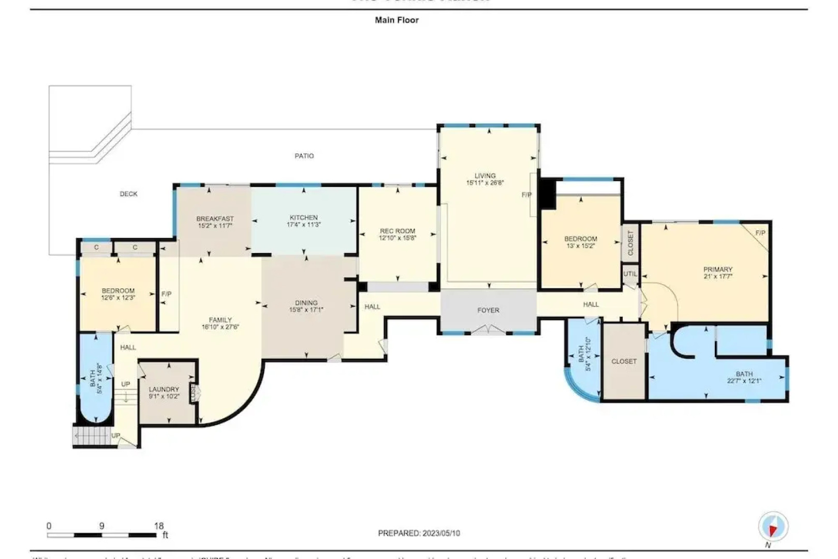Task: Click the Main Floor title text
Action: click(x=396, y=20)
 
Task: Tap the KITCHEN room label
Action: click(x=304, y=217)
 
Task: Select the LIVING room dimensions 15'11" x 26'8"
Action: click(x=485, y=183)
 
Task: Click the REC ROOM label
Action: click(x=398, y=231)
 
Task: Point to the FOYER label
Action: click(x=488, y=310)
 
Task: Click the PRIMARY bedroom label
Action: click(x=717, y=269)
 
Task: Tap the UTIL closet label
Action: click(x=630, y=274)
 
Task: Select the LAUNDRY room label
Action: click(x=164, y=389)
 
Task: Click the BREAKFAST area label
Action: click(x=215, y=218)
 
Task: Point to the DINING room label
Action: click(x=306, y=303)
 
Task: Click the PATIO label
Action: click(x=304, y=156)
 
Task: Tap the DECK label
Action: click(x=129, y=194)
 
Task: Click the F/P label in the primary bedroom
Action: click(x=760, y=233)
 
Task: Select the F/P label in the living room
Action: click(x=526, y=195)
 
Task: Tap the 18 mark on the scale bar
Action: click(x=159, y=526)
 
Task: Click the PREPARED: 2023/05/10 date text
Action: click(x=419, y=533)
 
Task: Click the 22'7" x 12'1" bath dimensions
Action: click(x=744, y=381)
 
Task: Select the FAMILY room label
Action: click(x=220, y=320)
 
